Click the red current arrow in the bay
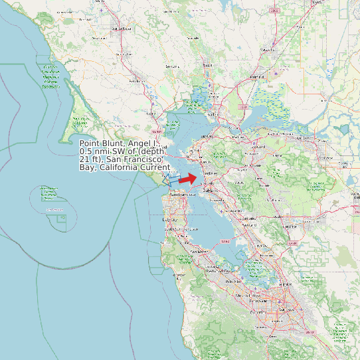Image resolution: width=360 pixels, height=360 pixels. (x=189, y=178)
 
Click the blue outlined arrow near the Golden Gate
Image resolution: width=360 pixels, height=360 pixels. (x=171, y=180)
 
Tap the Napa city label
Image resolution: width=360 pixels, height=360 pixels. (x=207, y=66)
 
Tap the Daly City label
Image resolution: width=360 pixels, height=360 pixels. (x=170, y=219)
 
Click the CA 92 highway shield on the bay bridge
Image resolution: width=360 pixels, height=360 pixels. (x=225, y=240)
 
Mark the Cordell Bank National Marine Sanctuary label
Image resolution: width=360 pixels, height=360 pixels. (x=50, y=77)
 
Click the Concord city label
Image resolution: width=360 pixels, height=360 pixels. (x=259, y=147)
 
